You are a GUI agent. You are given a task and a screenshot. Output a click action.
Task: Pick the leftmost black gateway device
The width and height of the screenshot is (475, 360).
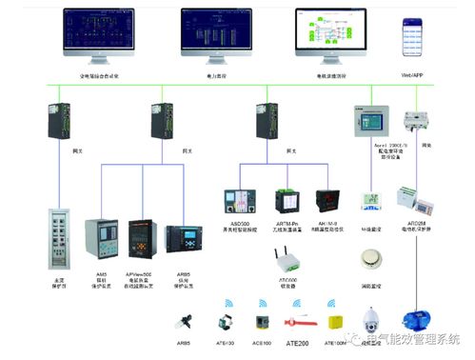tap(55, 125)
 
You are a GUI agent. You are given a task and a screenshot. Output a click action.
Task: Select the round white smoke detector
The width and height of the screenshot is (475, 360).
tap(370, 260)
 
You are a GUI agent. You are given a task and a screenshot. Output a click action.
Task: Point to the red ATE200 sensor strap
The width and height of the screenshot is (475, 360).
tap(300, 315)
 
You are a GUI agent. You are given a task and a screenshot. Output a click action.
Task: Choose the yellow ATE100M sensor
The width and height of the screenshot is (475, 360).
tap(335, 321)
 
